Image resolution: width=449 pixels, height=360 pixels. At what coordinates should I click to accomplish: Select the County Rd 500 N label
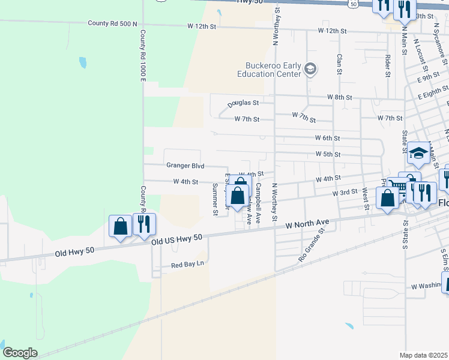(x=112, y=23)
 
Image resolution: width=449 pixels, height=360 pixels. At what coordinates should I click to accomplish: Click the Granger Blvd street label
(x=185, y=166)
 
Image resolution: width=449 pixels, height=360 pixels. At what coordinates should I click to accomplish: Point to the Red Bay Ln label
(x=188, y=264)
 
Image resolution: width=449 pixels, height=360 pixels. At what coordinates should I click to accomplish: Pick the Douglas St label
(x=243, y=104)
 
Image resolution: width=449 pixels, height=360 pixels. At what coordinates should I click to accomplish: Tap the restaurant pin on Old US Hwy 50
(x=144, y=224)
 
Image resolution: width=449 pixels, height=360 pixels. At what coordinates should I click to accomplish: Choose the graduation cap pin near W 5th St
(x=418, y=154)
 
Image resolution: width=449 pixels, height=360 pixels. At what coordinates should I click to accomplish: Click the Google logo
(x=20, y=353)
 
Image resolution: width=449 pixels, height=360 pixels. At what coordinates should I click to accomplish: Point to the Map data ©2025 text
(x=423, y=355)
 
